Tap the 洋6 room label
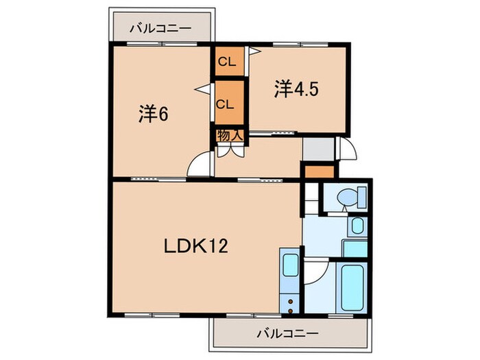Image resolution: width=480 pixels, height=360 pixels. pos(154,115)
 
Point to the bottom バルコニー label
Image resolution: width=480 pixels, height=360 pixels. pos(288,334)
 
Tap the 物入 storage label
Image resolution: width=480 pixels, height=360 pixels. pos(230,136)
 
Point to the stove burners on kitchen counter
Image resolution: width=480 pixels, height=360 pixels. pos(289,300)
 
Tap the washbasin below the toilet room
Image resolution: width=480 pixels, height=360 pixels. pos(357,227)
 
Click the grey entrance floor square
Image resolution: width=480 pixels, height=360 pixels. pos(317,149)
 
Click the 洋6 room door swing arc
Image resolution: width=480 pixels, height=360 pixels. pos(200,165)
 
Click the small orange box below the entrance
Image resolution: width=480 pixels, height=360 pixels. pos(318,172)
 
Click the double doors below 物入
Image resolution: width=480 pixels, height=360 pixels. pos(230,150)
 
